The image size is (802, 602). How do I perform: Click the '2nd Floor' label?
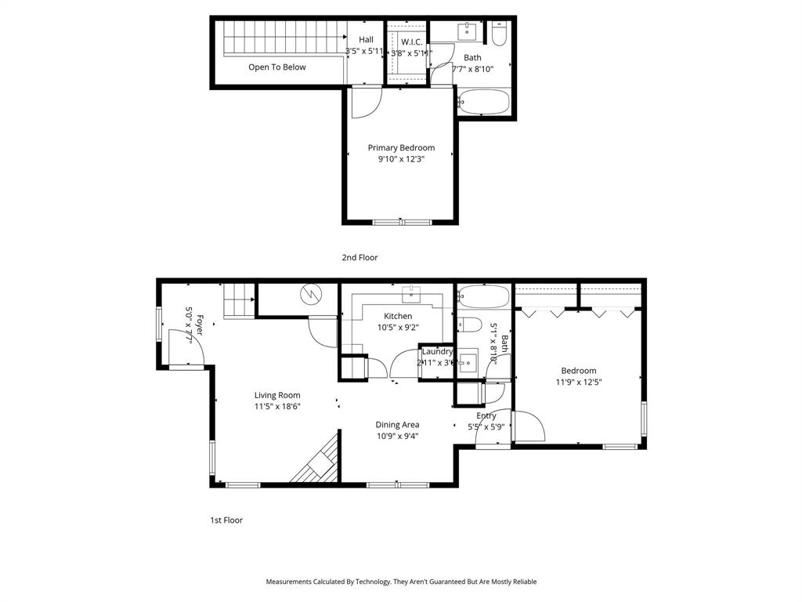tap(359, 257)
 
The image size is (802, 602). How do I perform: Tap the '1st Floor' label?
tap(226, 520)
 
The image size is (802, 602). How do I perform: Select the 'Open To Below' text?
tap(277, 67)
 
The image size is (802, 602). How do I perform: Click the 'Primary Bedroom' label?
tap(401, 147)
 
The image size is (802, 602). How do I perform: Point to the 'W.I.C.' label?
tap(412, 41)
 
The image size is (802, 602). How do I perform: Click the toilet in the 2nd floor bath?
tap(500, 34)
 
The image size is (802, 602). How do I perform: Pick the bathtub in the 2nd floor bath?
tap(483, 102)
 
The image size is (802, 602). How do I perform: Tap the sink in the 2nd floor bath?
tap(467, 31)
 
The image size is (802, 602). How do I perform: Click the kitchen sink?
tap(412, 295)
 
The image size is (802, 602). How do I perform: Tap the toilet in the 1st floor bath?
tap(468, 325)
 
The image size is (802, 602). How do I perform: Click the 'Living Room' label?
tap(277, 395)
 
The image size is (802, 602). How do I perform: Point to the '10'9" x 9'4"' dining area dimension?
tap(398, 437)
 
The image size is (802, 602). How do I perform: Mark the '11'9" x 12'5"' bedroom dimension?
tap(579, 383)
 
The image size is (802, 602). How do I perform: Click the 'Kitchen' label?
tap(398, 316)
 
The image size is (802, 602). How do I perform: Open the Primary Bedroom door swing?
tap(365, 103)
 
